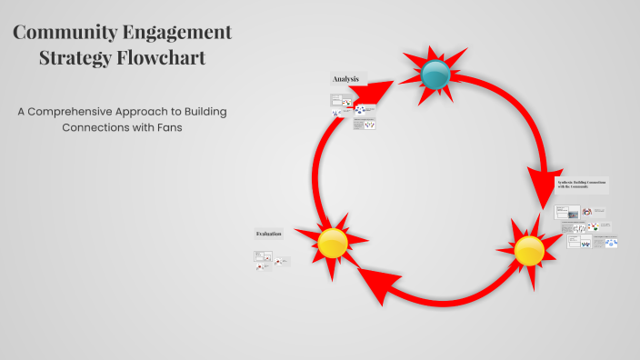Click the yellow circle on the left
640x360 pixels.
click(x=333, y=242)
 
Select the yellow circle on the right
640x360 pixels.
click(x=529, y=250)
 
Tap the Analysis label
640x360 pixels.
click(x=345, y=79)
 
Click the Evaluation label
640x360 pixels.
click(x=268, y=234)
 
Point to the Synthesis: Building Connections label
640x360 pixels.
click(x=581, y=185)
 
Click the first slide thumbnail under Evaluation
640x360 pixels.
click(x=262, y=255)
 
